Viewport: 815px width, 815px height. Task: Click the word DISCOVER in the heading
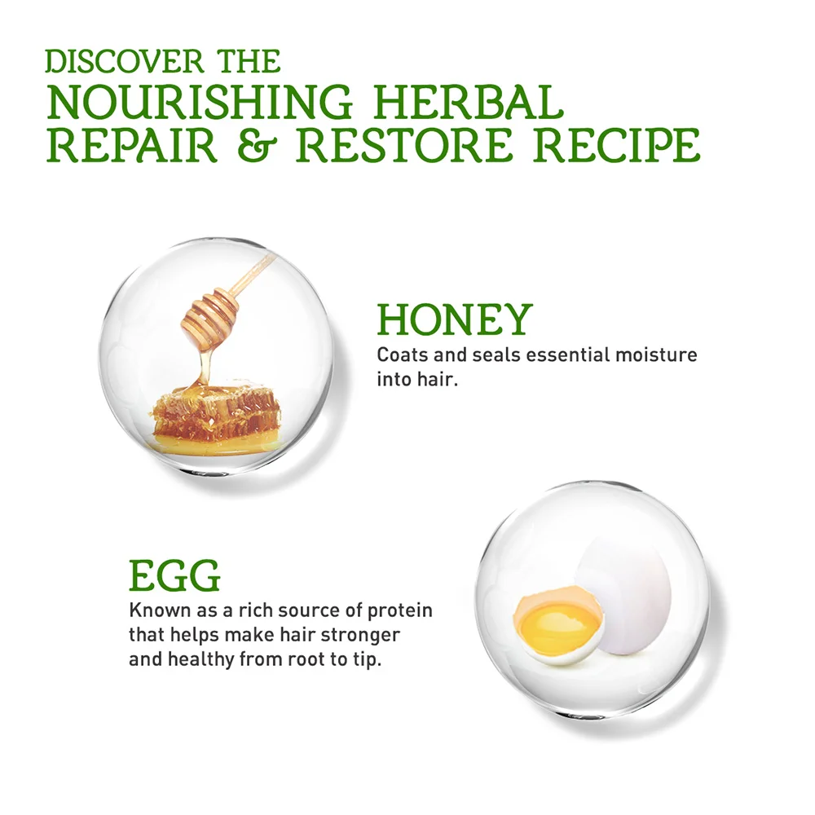pos(124,61)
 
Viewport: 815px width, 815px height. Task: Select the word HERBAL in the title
pos(469,102)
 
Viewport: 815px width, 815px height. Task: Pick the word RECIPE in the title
pos(617,144)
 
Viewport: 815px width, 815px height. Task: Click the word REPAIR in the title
pos(131,144)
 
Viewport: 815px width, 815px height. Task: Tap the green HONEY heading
pos(455,319)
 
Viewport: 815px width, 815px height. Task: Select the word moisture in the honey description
pos(656,355)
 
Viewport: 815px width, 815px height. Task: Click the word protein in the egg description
pos(399,611)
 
